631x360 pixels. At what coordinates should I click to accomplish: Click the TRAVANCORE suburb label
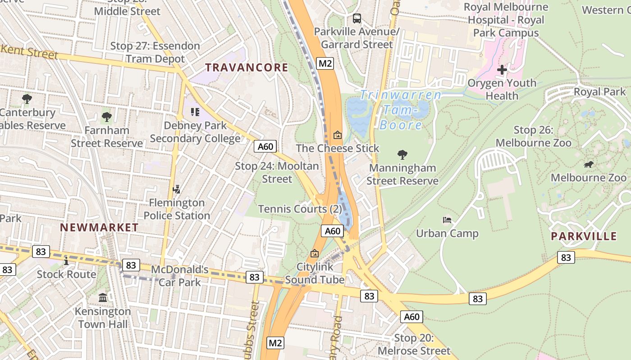(247, 68)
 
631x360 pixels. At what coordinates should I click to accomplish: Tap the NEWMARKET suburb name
(99, 227)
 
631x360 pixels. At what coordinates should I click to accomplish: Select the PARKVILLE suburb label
(584, 236)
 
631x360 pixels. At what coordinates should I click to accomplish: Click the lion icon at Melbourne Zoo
(588, 165)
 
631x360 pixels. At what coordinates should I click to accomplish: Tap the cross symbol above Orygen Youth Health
(502, 70)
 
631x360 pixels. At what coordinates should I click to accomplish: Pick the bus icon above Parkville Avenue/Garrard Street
(357, 18)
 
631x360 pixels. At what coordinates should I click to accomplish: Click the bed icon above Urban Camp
(447, 220)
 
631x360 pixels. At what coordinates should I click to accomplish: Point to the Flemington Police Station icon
(177, 189)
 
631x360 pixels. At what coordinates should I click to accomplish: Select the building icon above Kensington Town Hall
(102, 297)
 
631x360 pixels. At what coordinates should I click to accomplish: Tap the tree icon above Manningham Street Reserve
(402, 155)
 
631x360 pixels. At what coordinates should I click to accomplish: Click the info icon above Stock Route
(66, 261)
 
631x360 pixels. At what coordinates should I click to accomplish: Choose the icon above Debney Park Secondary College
(195, 112)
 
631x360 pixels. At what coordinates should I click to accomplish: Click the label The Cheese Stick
(338, 148)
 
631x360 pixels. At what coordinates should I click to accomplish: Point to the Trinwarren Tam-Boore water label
(401, 109)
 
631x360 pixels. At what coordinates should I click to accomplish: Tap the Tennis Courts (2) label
(300, 209)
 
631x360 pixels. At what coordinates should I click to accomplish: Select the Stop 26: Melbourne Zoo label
(533, 136)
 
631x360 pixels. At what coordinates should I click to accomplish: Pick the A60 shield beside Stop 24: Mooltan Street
(265, 146)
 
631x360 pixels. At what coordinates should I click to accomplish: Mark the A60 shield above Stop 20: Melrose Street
(412, 317)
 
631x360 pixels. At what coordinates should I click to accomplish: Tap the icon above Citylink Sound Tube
(315, 253)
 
